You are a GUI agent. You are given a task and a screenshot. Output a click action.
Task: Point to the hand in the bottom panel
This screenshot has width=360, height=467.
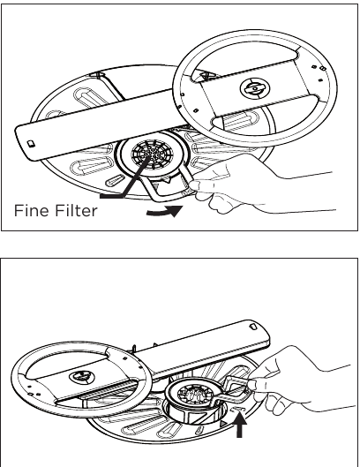291,371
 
